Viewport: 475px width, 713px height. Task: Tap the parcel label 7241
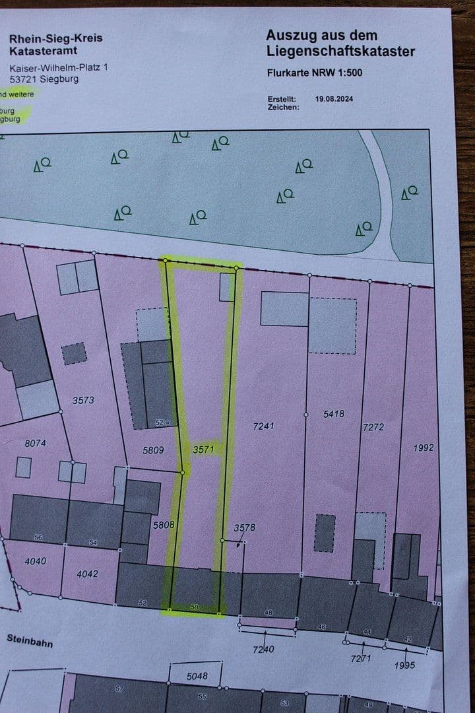click(263, 426)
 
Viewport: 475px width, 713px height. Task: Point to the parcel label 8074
click(35, 444)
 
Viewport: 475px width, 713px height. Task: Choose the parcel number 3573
click(84, 400)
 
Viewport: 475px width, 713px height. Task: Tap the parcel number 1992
click(424, 448)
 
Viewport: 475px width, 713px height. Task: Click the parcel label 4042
click(87, 574)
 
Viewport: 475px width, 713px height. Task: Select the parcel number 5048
click(197, 675)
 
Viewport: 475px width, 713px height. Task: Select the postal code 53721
click(22, 80)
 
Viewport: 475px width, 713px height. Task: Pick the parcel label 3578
click(244, 527)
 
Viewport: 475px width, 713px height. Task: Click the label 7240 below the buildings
click(263, 650)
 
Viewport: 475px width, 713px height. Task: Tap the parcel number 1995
click(404, 665)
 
